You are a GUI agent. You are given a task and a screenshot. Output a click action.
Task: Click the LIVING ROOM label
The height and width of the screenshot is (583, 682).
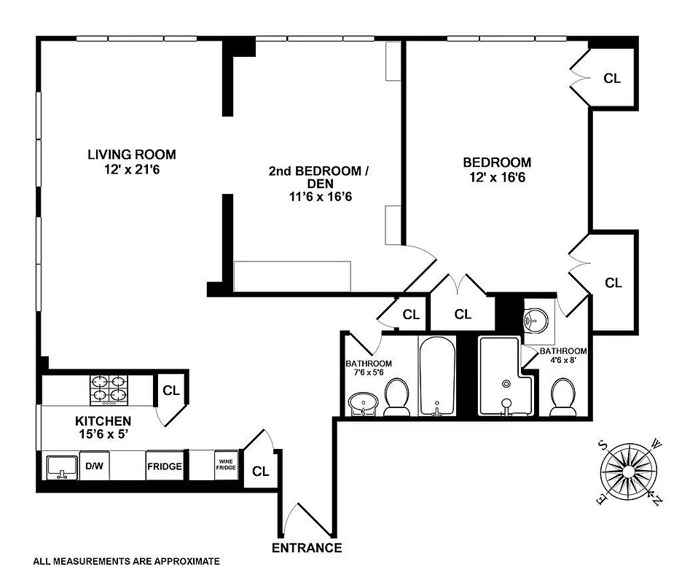coord(131,154)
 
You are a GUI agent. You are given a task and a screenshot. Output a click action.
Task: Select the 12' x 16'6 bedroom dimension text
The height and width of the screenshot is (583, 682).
coord(496,177)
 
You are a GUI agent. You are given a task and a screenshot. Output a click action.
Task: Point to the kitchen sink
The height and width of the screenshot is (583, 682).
coord(63,466)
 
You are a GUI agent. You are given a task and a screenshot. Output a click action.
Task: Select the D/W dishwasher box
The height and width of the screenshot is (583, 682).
coord(94,466)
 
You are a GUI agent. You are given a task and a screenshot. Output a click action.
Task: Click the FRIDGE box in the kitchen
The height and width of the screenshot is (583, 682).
coord(164,466)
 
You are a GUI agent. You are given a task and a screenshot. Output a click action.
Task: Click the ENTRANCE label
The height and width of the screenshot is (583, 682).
coord(307,548)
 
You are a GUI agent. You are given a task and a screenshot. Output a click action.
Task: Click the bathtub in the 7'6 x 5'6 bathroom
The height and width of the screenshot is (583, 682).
coord(437,377)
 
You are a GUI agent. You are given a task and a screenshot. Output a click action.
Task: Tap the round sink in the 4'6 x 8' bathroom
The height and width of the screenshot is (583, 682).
coord(537,319)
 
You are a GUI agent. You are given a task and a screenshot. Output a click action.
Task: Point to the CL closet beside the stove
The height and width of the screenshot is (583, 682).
coord(171,390)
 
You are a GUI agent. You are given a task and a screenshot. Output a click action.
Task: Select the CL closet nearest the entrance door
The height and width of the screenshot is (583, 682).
coord(260,471)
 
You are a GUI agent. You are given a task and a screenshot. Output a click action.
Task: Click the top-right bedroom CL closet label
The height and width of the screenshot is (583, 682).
coord(613,78)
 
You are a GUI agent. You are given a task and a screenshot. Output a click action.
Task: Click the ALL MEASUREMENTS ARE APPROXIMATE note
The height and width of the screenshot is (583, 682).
coord(126,562)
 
